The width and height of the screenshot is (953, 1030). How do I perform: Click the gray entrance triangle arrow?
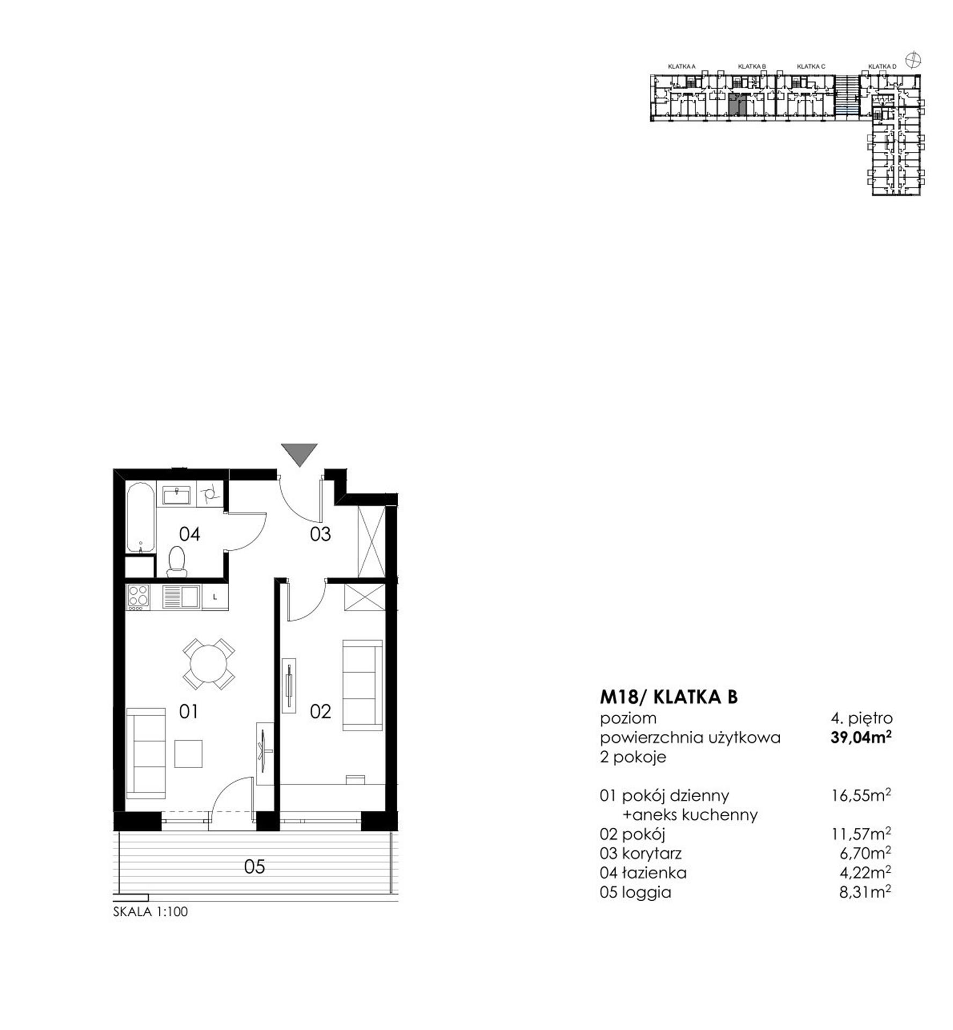point(299,454)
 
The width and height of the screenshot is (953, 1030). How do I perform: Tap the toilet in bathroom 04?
point(176,561)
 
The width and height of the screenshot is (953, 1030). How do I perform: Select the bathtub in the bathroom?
point(141,517)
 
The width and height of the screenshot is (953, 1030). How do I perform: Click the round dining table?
point(208,664)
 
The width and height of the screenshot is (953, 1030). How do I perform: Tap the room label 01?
point(188,712)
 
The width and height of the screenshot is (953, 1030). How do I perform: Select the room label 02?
point(320,712)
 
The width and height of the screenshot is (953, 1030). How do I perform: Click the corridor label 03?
point(320,534)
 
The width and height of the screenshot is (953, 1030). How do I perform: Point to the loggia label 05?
point(254,866)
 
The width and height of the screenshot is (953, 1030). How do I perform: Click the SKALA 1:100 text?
point(150,911)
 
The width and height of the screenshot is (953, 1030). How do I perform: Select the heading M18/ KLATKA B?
point(669,697)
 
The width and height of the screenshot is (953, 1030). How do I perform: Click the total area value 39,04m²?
point(861,738)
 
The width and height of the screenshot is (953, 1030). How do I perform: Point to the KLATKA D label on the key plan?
point(882,67)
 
